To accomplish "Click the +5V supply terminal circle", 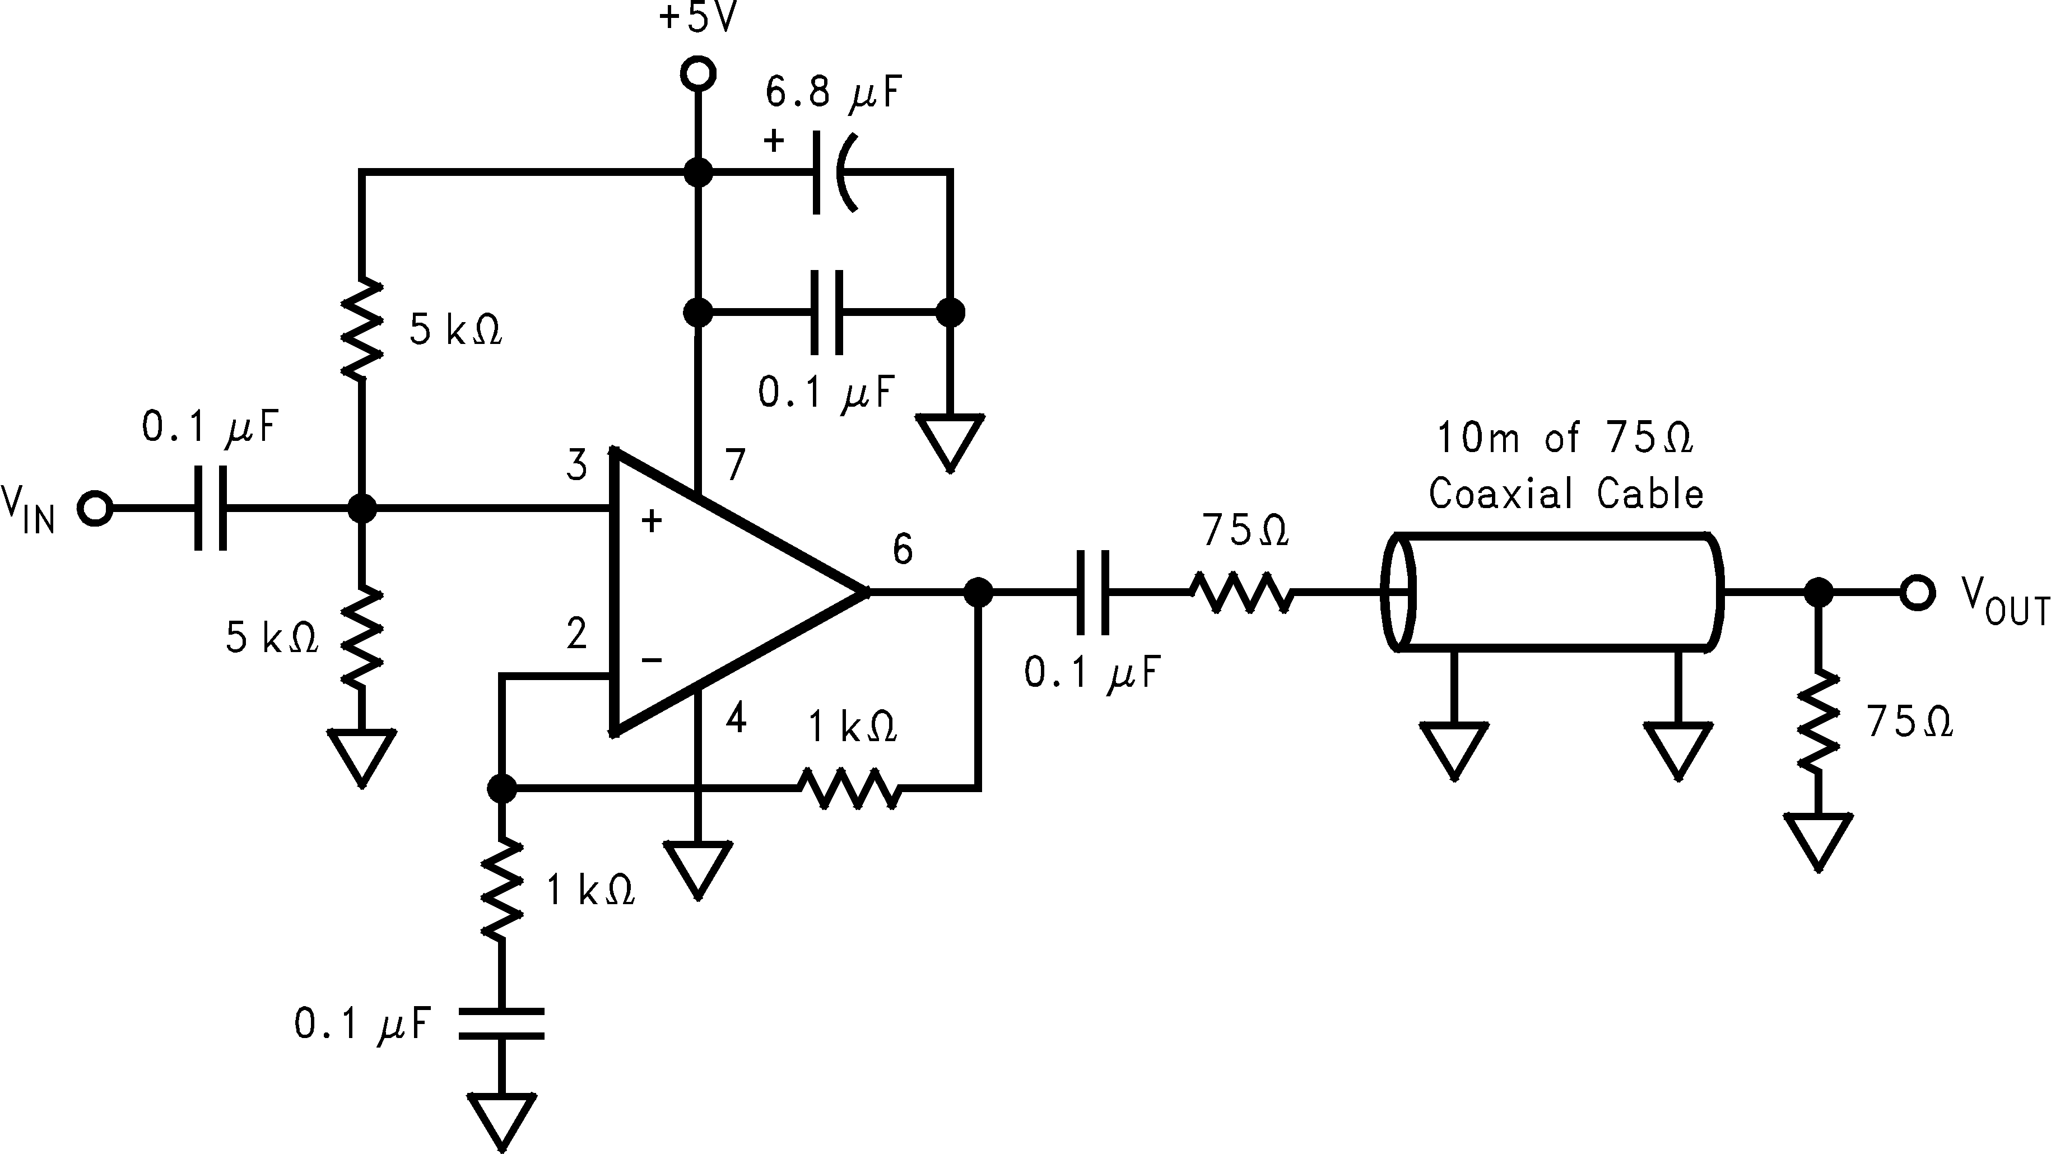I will click(698, 74).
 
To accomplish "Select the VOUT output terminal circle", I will click(1917, 593).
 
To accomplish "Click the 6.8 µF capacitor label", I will click(833, 92).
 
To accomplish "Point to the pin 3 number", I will click(577, 465).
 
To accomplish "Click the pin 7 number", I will click(734, 465).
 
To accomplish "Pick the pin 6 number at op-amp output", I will click(902, 550).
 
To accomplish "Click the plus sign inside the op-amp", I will click(652, 521).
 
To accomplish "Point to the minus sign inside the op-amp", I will click(652, 659).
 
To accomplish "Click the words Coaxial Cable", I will click(1565, 494).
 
